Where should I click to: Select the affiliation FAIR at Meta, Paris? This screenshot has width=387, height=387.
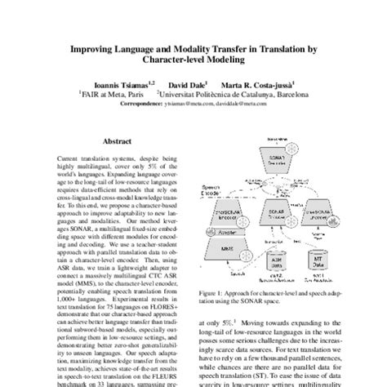(x=107, y=94)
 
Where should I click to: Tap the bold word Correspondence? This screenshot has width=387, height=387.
(x=147, y=103)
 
